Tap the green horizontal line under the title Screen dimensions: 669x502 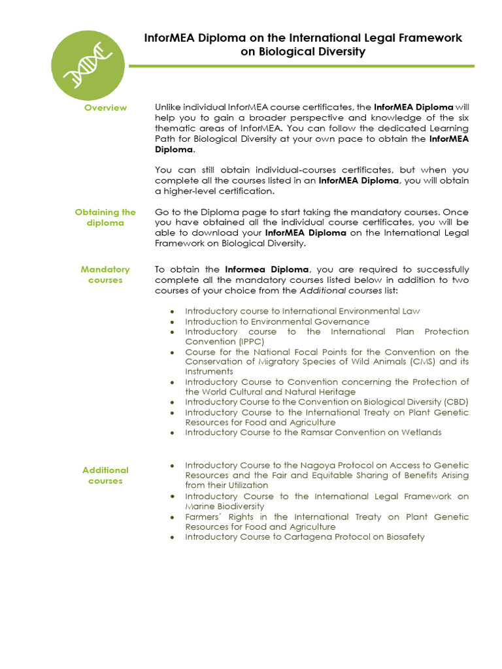301,66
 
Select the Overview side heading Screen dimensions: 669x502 105,108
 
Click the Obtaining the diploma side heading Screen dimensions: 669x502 105,218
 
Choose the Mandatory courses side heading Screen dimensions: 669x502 105,274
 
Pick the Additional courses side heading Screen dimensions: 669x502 105,476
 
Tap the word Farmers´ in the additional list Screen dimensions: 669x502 205,517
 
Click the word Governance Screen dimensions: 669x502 342,321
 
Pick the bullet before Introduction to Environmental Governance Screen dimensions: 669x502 171,322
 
